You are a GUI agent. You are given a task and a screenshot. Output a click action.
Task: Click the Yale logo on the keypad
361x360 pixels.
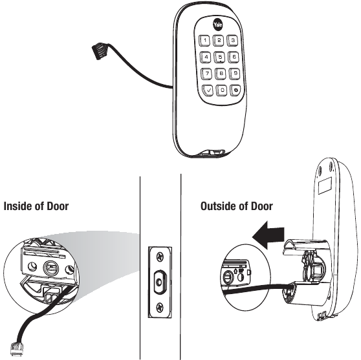[x=217, y=25]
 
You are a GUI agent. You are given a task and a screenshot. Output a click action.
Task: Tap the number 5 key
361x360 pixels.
[x=220, y=57]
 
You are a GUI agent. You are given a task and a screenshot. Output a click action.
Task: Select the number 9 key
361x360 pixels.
[x=235, y=74]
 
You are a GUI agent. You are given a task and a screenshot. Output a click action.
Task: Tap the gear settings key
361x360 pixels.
[x=235, y=90]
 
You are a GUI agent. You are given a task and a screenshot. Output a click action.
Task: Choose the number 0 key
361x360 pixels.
[x=222, y=90]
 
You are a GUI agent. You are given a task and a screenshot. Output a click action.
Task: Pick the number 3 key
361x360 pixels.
[x=232, y=41]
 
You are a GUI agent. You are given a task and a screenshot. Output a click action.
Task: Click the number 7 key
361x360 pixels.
[x=207, y=74]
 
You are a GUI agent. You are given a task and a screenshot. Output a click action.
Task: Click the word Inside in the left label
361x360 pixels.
[x=18, y=206]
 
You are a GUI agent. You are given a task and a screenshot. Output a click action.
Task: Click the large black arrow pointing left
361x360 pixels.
[x=268, y=235]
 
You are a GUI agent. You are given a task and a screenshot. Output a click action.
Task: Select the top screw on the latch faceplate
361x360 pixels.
[x=160, y=257]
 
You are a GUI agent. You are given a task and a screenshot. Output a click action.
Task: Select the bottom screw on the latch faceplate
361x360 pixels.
[x=160, y=308]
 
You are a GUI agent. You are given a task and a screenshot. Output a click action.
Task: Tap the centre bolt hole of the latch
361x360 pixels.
[x=159, y=282]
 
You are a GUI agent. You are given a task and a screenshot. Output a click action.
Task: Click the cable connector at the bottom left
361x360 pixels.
[x=17, y=349]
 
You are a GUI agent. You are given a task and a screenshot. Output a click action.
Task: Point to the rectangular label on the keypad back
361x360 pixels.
[x=325, y=185]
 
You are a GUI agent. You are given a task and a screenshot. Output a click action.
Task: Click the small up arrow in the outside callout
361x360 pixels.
[x=235, y=271]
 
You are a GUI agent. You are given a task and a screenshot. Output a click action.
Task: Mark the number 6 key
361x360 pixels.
[x=234, y=57]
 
